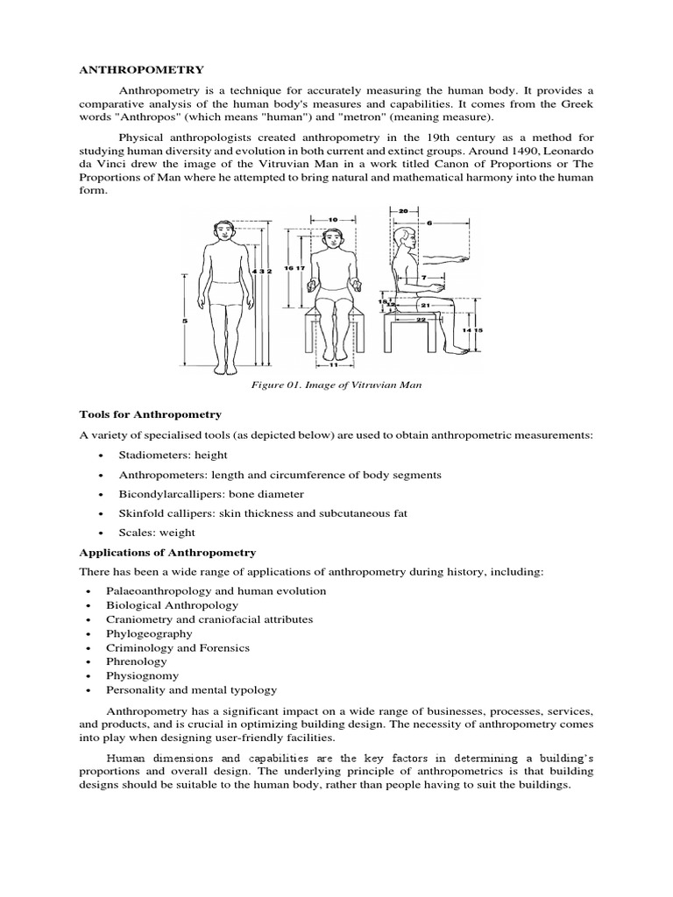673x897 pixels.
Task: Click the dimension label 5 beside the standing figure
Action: (185, 321)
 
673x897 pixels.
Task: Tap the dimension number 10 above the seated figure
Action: (332, 218)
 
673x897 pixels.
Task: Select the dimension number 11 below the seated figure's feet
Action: (332, 364)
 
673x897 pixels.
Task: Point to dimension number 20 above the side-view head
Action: (403, 211)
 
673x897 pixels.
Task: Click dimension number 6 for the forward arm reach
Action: (429, 223)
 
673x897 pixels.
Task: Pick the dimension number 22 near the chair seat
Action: (421, 319)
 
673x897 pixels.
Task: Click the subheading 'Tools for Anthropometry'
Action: (150, 413)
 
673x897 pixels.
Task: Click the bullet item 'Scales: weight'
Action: (150, 532)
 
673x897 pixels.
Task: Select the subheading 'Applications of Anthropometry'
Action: (167, 553)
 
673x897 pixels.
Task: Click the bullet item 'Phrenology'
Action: (135, 661)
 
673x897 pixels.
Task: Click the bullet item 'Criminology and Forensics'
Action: (177, 647)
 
